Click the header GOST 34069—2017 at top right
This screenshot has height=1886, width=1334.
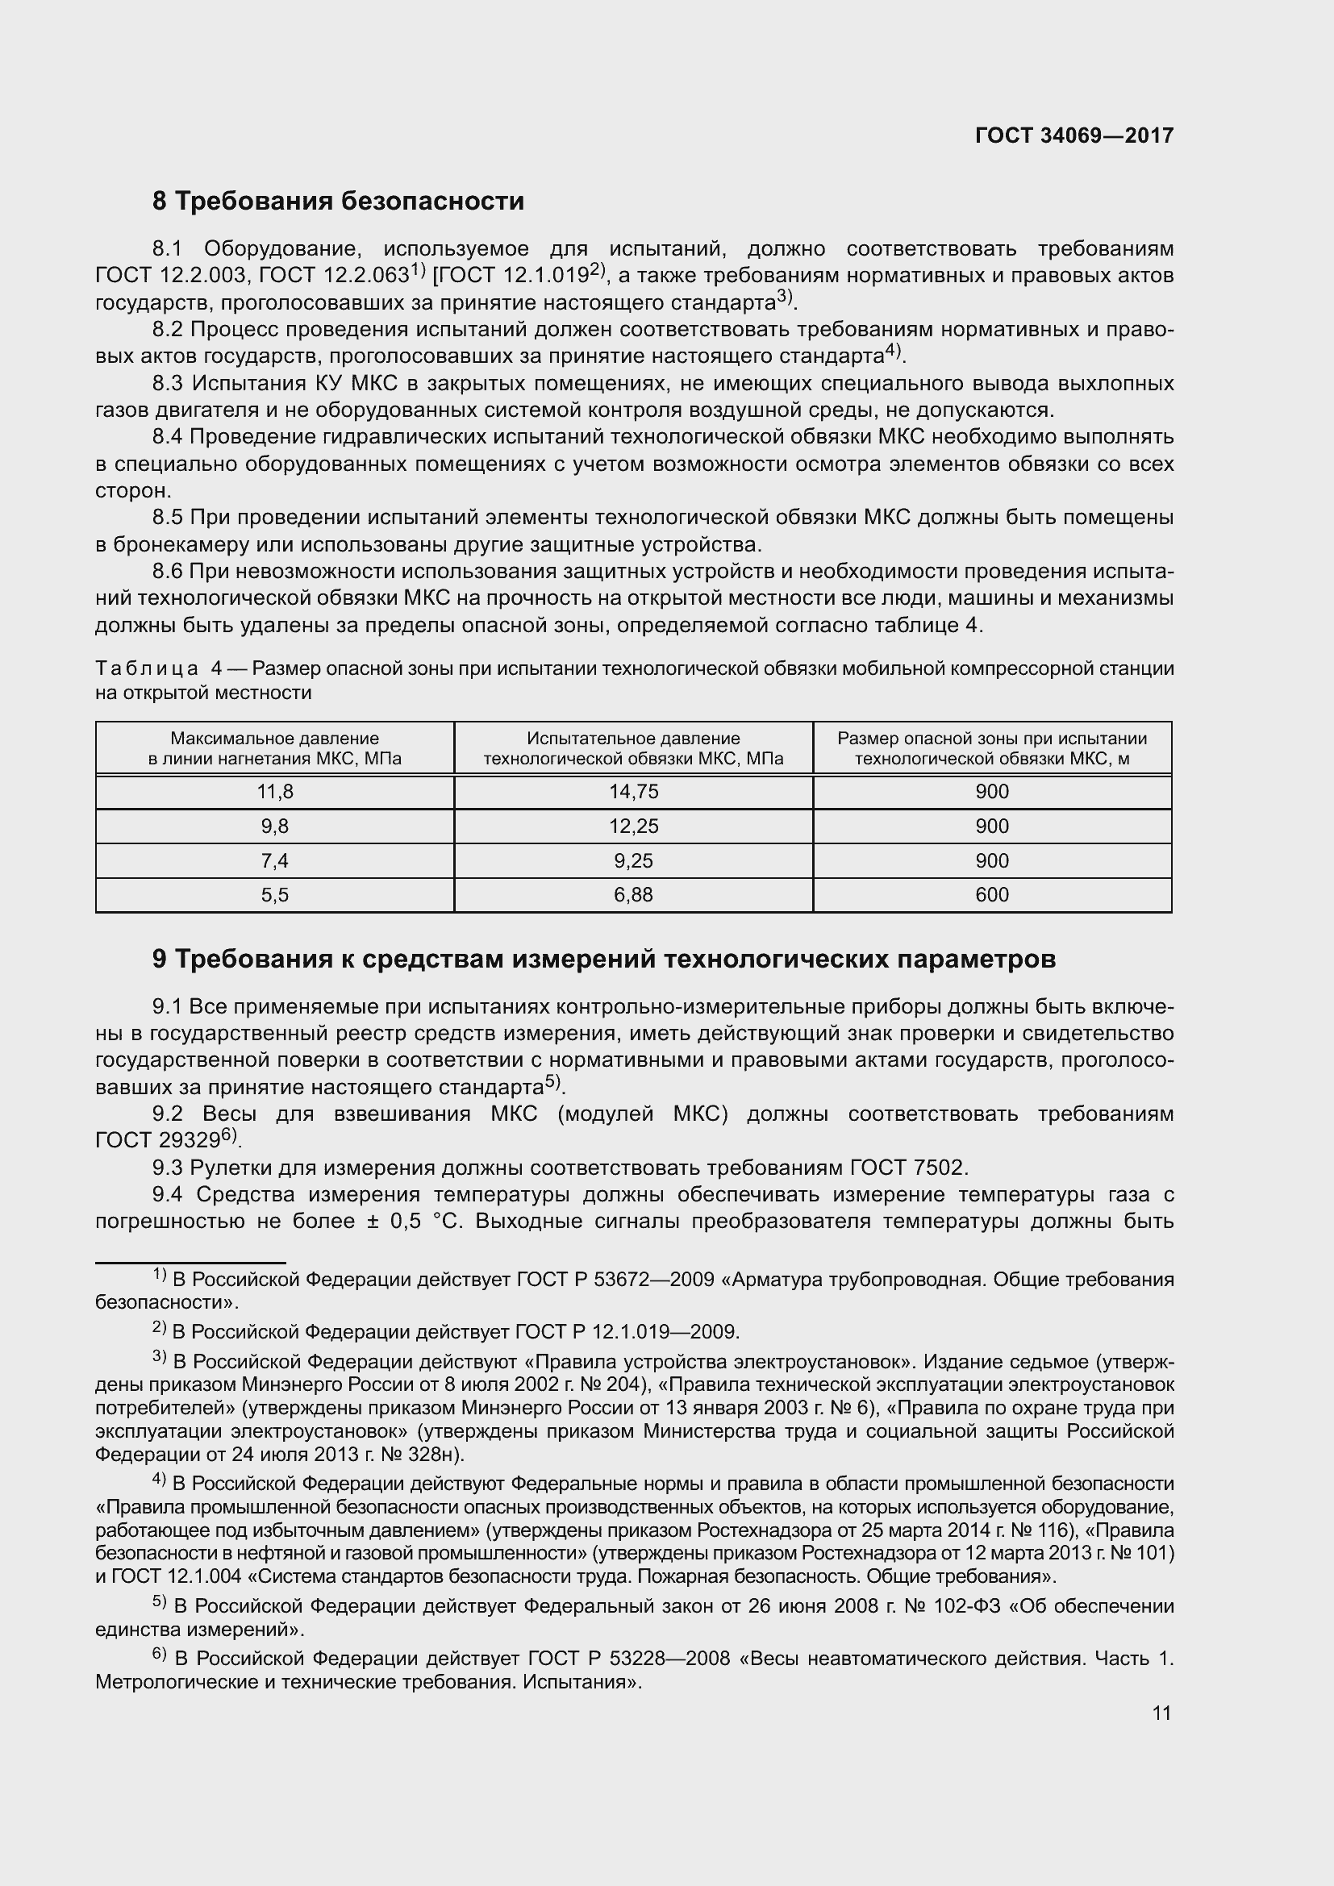coord(1073,135)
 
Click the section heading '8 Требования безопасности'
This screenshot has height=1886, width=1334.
coord(338,202)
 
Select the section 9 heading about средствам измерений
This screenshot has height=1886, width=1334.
coord(604,959)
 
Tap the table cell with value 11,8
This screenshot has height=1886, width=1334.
coord(274,792)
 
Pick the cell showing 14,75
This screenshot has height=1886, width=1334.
coord(633,792)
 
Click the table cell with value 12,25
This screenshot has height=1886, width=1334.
coord(633,826)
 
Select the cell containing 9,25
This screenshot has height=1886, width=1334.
coord(633,861)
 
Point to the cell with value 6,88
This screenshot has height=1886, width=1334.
coord(633,895)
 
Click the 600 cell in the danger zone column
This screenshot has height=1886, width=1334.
coord(991,895)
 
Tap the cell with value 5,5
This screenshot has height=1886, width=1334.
coord(274,895)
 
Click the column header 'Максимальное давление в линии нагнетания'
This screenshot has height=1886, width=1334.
coord(274,748)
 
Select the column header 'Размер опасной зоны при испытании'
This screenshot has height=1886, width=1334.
coord(991,748)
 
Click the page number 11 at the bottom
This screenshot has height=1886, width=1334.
coord(1161,1713)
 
